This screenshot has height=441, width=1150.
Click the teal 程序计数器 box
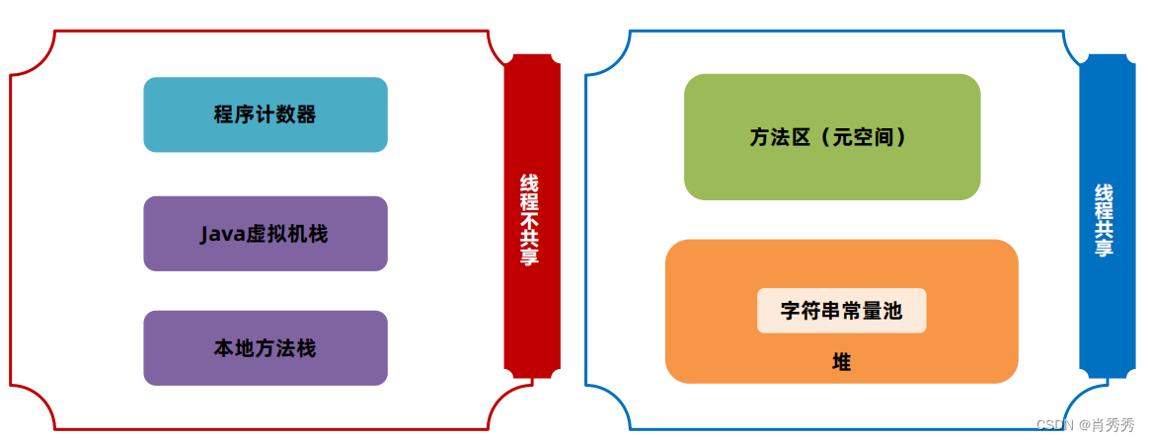click(265, 114)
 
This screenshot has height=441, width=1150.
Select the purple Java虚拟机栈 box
click(265, 234)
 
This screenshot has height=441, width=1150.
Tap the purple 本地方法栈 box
click(265, 348)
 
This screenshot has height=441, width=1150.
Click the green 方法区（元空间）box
click(831, 137)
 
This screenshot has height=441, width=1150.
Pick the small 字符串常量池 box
click(841, 311)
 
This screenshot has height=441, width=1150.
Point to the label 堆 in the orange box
click(841, 363)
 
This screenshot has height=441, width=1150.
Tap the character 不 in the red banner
click(530, 220)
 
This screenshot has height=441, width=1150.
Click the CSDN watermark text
click(1054, 424)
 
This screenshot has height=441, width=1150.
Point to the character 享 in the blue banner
click(1104, 248)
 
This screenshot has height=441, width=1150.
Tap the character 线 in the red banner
click(530, 184)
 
